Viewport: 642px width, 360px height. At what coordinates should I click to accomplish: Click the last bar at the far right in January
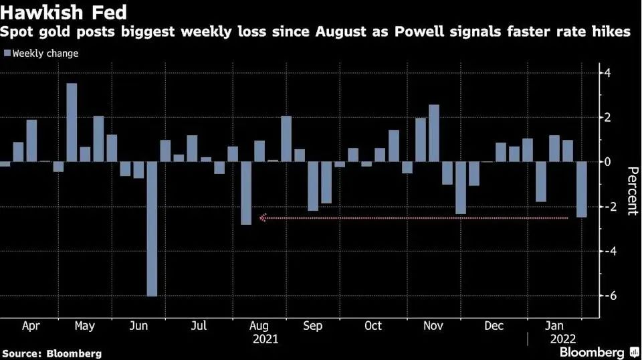tap(581, 189)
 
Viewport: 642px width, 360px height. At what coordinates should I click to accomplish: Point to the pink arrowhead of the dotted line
tap(263, 217)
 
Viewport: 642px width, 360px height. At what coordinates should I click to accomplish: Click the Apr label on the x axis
tap(31, 326)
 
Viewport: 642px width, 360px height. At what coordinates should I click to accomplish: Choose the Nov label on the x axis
tap(433, 326)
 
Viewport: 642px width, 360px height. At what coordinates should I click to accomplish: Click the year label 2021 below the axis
tap(265, 339)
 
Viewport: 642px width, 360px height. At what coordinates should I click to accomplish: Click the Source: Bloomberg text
tap(52, 353)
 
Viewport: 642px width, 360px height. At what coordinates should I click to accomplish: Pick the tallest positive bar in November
tap(434, 133)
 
